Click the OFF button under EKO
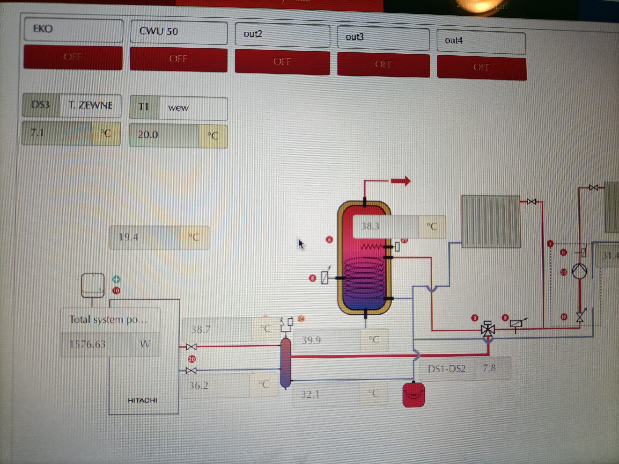tap(73, 57)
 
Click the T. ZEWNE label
tap(90, 105)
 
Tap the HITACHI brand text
tap(142, 400)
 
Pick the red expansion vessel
tap(414, 395)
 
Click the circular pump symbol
tap(579, 271)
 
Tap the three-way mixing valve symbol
tap(488, 329)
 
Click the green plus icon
tap(116, 279)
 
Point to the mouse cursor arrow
tap(301, 244)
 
